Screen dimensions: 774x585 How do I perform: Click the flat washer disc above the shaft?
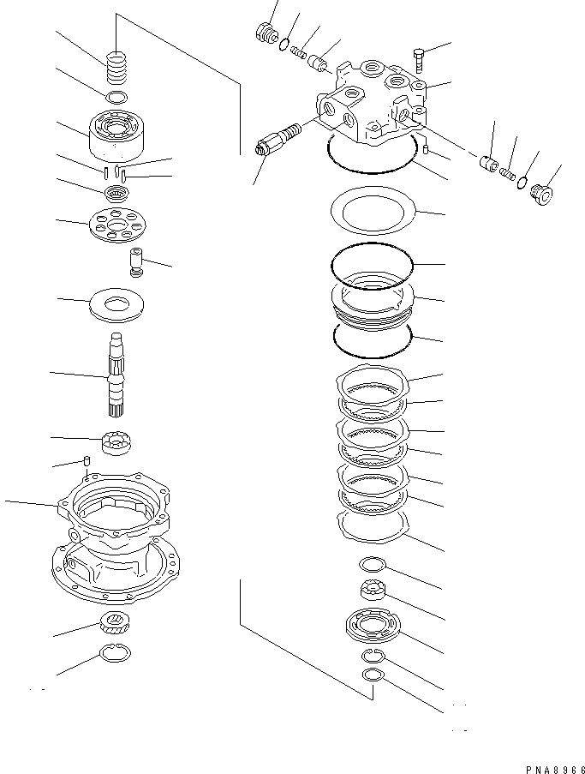tap(116, 304)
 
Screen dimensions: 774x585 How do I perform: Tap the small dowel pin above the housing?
tap(87, 464)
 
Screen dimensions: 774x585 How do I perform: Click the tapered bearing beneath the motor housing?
tap(115, 624)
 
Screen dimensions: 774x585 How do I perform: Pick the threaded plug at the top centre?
tap(266, 35)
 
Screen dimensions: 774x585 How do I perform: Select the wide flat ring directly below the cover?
tap(373, 212)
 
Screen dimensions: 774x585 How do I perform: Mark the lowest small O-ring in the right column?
tap(373, 676)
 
